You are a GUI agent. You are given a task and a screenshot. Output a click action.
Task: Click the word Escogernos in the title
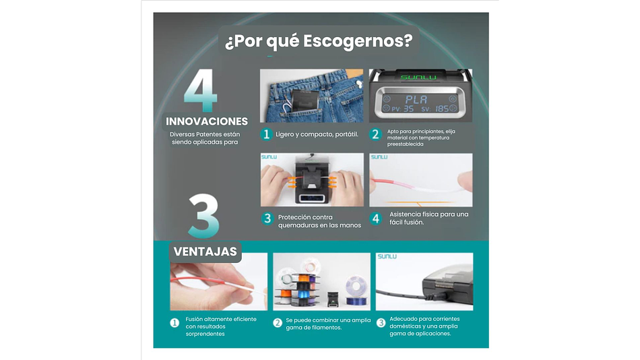(358, 42)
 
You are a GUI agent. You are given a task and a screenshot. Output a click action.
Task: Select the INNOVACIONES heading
(207, 121)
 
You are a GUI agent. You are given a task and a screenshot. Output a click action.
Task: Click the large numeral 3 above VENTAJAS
(203, 216)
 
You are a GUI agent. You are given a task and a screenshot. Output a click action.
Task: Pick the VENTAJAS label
(205, 251)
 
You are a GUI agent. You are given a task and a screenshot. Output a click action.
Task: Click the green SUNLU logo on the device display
(418, 77)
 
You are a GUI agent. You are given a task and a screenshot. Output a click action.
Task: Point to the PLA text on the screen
(416, 99)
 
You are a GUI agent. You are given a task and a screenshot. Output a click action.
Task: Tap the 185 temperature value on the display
(442, 109)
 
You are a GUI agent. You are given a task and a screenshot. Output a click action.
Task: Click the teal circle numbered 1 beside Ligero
(267, 134)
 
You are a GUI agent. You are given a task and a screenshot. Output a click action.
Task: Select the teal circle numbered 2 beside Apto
(375, 134)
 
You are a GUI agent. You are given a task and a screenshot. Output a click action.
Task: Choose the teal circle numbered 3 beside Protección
(267, 218)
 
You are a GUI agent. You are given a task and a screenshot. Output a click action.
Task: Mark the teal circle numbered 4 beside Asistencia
(376, 218)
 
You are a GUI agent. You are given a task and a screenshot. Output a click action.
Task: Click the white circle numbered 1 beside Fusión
(174, 323)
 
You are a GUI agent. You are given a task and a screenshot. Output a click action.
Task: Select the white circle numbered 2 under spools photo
(278, 323)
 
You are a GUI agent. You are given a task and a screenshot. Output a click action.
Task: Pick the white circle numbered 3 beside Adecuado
(381, 323)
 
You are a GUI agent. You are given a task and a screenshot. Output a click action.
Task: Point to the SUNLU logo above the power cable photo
(387, 257)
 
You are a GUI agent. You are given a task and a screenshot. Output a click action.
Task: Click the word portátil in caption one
(346, 134)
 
